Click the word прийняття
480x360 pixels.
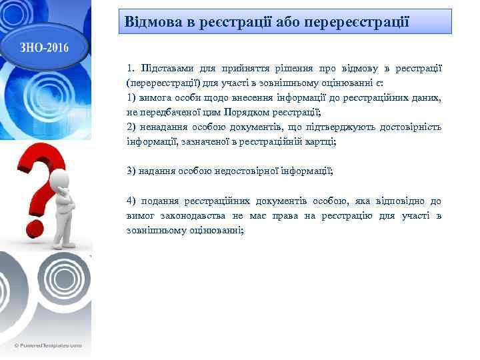[x=238, y=69]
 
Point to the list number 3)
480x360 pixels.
[x=131, y=171]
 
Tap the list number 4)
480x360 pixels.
[x=131, y=201]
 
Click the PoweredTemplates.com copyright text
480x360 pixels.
[x=46, y=345]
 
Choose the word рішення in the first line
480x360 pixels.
[x=288, y=69]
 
